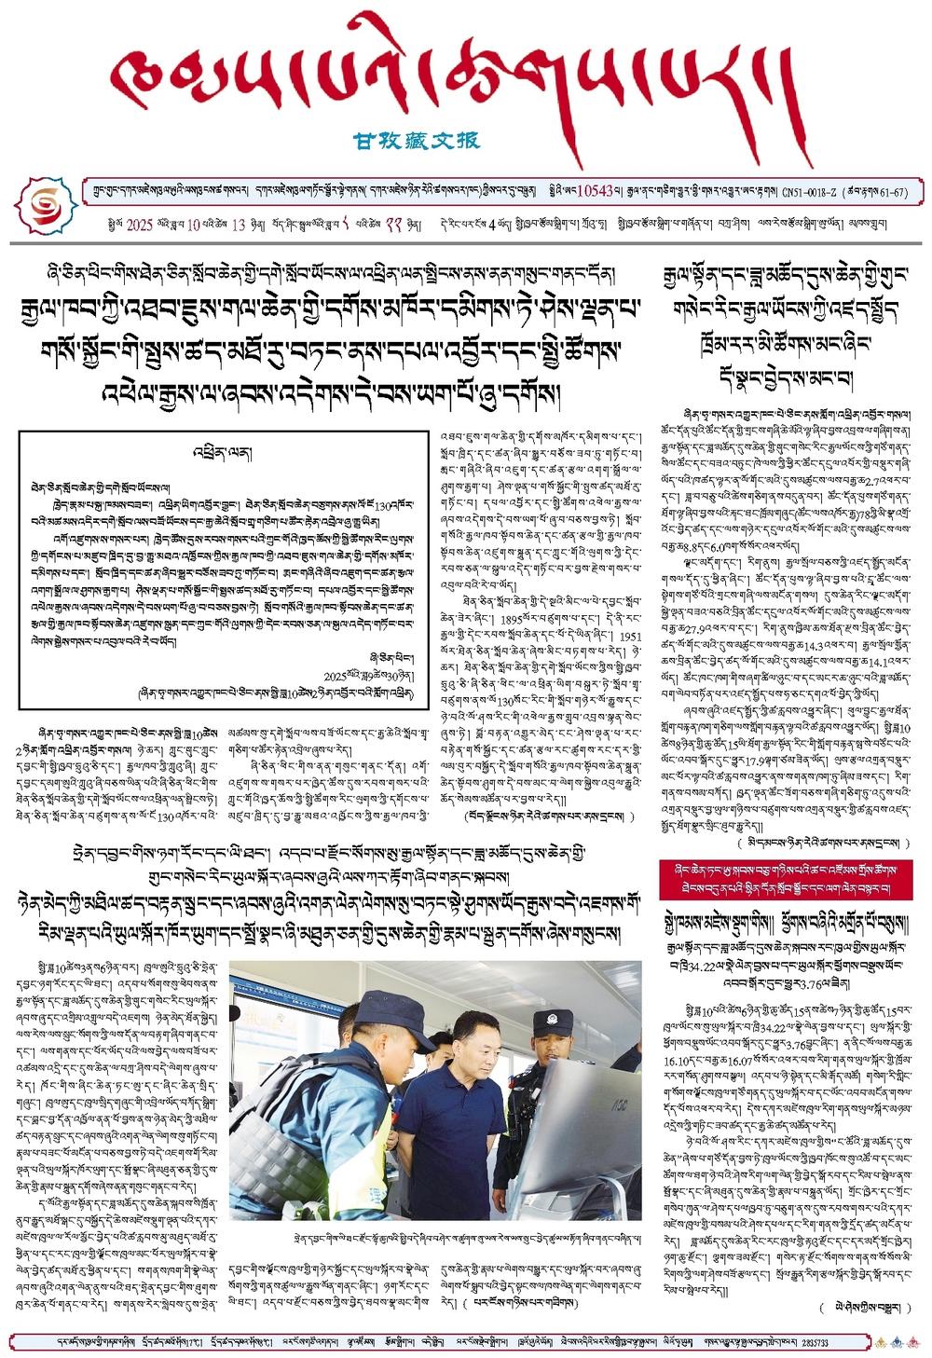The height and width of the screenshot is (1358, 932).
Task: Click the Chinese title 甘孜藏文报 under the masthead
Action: tap(417, 141)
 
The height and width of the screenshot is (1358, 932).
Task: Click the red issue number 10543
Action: tap(595, 191)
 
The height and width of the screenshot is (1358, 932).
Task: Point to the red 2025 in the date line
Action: tap(139, 225)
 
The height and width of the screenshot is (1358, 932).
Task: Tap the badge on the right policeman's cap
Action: tap(552, 1019)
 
